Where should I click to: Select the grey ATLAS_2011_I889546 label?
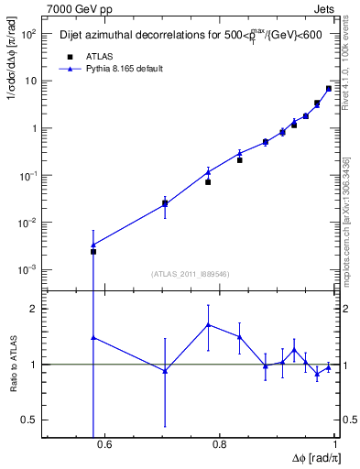tap(189, 273)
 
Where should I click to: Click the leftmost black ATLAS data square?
tap(93, 251)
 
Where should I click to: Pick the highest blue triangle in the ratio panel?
tap(209, 324)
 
